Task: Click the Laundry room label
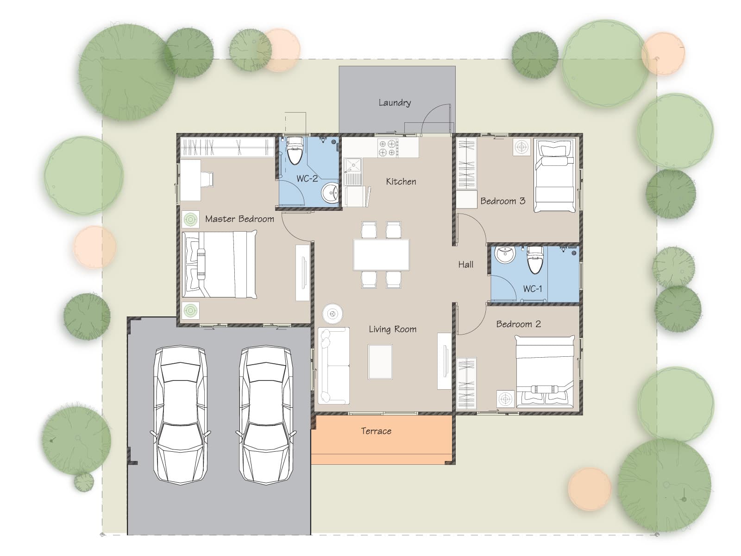[394, 102]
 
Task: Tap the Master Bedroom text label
[240, 219]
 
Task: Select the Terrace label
[376, 431]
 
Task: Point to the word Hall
[466, 265]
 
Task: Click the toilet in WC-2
[295, 151]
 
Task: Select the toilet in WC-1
[535, 259]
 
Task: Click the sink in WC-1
[505, 254]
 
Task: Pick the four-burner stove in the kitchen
[388, 148]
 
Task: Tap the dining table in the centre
[382, 255]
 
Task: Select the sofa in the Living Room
[333, 366]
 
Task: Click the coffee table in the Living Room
[380, 362]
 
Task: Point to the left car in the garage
[181, 415]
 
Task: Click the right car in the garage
[266, 415]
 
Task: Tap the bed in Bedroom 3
[554, 176]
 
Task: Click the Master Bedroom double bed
[220, 265]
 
